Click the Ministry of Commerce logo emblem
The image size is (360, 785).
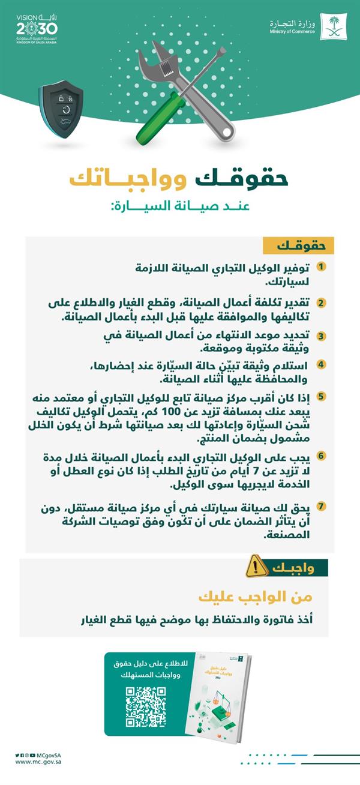point(332,26)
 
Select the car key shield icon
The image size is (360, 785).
point(61,109)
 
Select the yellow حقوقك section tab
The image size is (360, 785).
point(298,245)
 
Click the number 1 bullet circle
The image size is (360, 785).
point(322,266)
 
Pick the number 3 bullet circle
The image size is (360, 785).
point(322,335)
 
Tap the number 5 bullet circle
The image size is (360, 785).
point(322,396)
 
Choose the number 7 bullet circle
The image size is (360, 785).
point(322,506)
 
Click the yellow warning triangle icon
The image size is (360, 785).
point(257,566)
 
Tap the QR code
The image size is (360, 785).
point(145,707)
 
